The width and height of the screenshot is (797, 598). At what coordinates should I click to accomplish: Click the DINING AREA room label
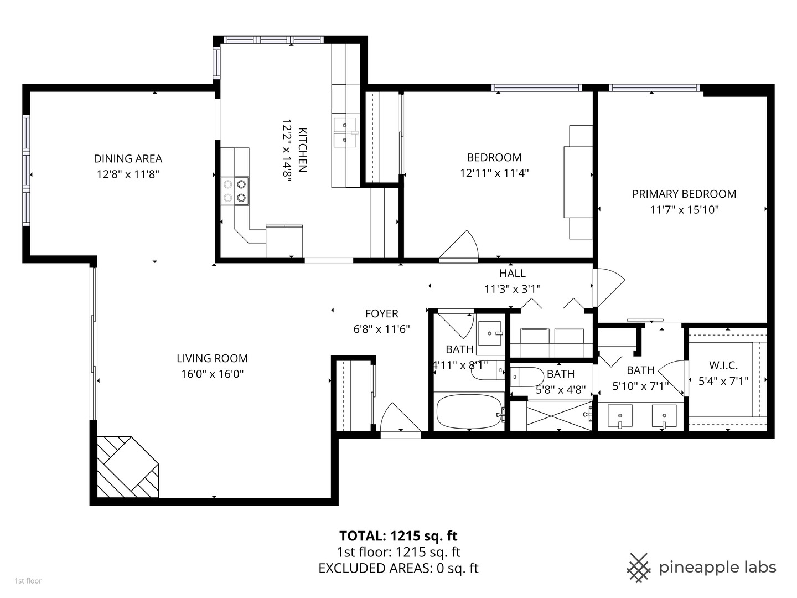[128, 159]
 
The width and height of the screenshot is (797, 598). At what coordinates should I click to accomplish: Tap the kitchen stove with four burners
[235, 190]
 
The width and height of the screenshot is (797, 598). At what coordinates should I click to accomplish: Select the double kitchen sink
[345, 132]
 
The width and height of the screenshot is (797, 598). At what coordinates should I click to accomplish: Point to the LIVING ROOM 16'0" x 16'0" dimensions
[212, 374]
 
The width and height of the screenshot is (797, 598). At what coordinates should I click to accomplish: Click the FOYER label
[381, 314]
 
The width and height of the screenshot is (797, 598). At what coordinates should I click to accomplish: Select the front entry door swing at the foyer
[398, 419]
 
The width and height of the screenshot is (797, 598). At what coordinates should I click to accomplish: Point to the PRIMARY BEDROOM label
[684, 194]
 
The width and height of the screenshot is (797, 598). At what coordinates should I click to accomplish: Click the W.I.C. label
[723, 365]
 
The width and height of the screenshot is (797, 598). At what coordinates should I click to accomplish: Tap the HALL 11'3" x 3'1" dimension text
[512, 288]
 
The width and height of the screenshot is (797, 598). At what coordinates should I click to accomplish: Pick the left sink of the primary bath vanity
[620, 415]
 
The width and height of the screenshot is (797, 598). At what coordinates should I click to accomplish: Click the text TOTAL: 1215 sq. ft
[398, 535]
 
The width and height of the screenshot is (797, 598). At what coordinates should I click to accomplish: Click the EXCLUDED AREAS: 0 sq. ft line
[398, 568]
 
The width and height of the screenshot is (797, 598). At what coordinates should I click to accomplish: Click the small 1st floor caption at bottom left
[28, 581]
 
